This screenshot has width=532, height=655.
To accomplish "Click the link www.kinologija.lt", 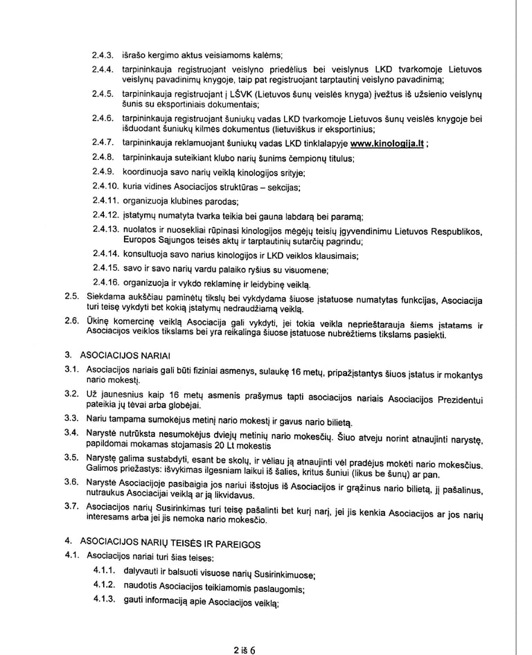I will point(387,145).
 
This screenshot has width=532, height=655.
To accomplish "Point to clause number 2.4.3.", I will point(102,55).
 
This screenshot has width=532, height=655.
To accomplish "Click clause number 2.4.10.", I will point(105,187).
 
